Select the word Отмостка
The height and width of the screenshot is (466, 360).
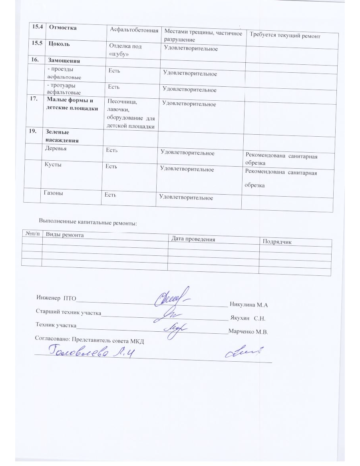pos(63,28)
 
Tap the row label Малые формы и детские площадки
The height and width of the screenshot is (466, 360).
pos(72,104)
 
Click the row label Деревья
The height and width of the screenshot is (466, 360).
pos(57,148)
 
